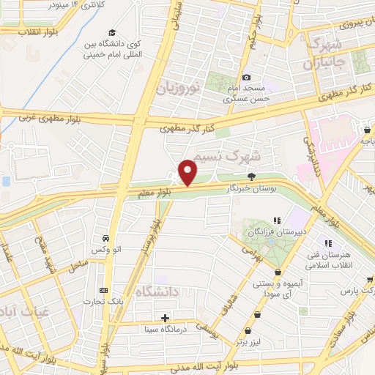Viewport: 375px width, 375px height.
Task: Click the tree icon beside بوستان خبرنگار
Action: coord(252,176)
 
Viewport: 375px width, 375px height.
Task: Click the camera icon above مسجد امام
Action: coord(246,78)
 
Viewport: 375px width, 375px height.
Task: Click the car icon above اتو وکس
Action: coord(107,238)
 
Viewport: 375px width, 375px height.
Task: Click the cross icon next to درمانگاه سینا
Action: coord(166,318)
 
